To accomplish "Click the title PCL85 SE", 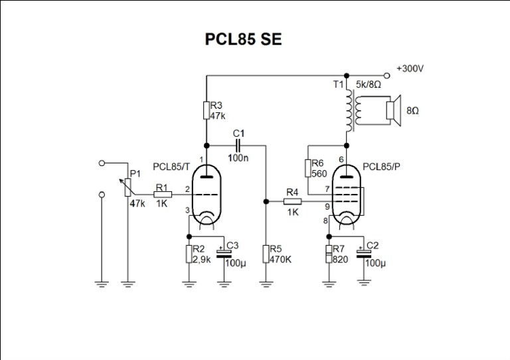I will point(243,39).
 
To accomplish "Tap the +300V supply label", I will point(409,68).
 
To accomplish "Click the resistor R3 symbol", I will point(207,110).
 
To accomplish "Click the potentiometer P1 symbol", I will point(126,191).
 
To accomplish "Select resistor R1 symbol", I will point(163,194).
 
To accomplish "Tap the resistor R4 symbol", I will point(292,201).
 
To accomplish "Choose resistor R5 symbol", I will point(266,254).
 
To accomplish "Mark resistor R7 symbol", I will point(329,254).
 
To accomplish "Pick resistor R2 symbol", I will point(190,254).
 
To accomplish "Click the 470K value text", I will point(281,259).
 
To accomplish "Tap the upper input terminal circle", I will point(101,163).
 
